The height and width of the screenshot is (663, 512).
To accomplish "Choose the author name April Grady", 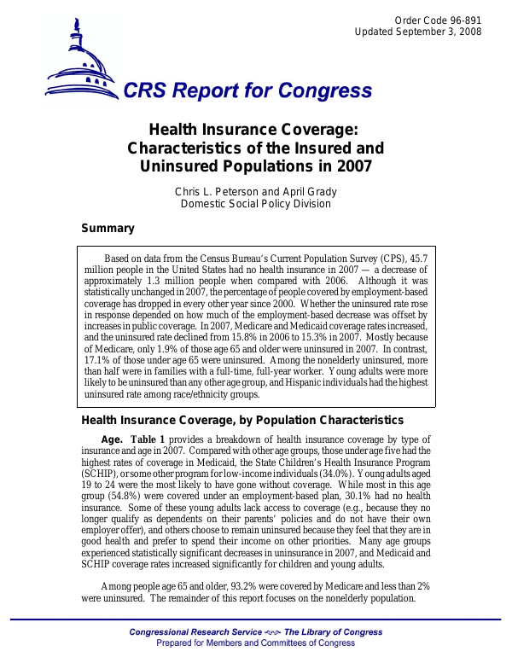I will [311, 191].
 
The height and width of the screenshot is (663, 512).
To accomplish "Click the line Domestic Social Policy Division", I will [256, 204].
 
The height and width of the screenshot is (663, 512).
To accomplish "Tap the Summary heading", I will [107, 228].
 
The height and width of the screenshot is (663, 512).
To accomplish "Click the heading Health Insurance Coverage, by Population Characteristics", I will [241, 420].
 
